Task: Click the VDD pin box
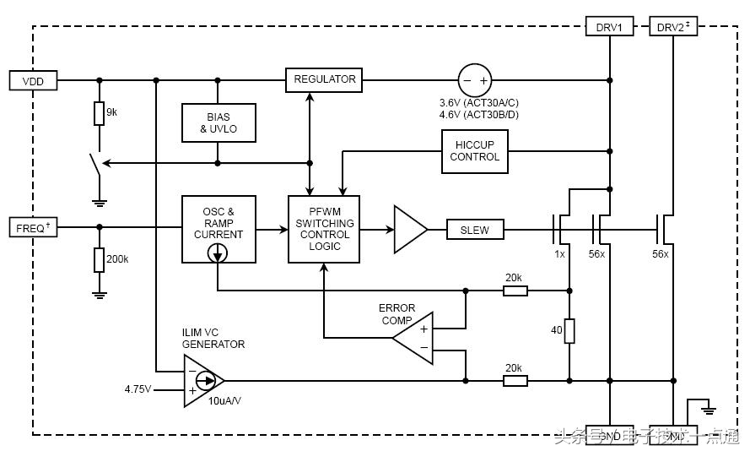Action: click(x=33, y=81)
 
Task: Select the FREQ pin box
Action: click(x=33, y=227)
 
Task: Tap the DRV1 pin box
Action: click(x=609, y=27)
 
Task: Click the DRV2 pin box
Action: click(x=672, y=27)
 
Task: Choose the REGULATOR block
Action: click(x=325, y=80)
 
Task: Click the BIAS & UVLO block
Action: click(x=218, y=122)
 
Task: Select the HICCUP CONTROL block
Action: click(x=475, y=151)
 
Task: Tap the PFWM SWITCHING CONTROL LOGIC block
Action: click(x=324, y=229)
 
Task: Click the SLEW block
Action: click(x=474, y=229)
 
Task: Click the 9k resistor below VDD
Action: click(x=100, y=113)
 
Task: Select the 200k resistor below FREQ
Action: click(x=100, y=260)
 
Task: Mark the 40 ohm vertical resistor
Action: click(x=569, y=331)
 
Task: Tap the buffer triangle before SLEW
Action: click(x=409, y=229)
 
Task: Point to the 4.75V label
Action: click(x=138, y=389)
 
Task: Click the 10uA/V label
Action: click(x=224, y=401)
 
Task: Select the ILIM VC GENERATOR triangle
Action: click(x=202, y=380)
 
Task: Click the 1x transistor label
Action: click(x=559, y=254)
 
